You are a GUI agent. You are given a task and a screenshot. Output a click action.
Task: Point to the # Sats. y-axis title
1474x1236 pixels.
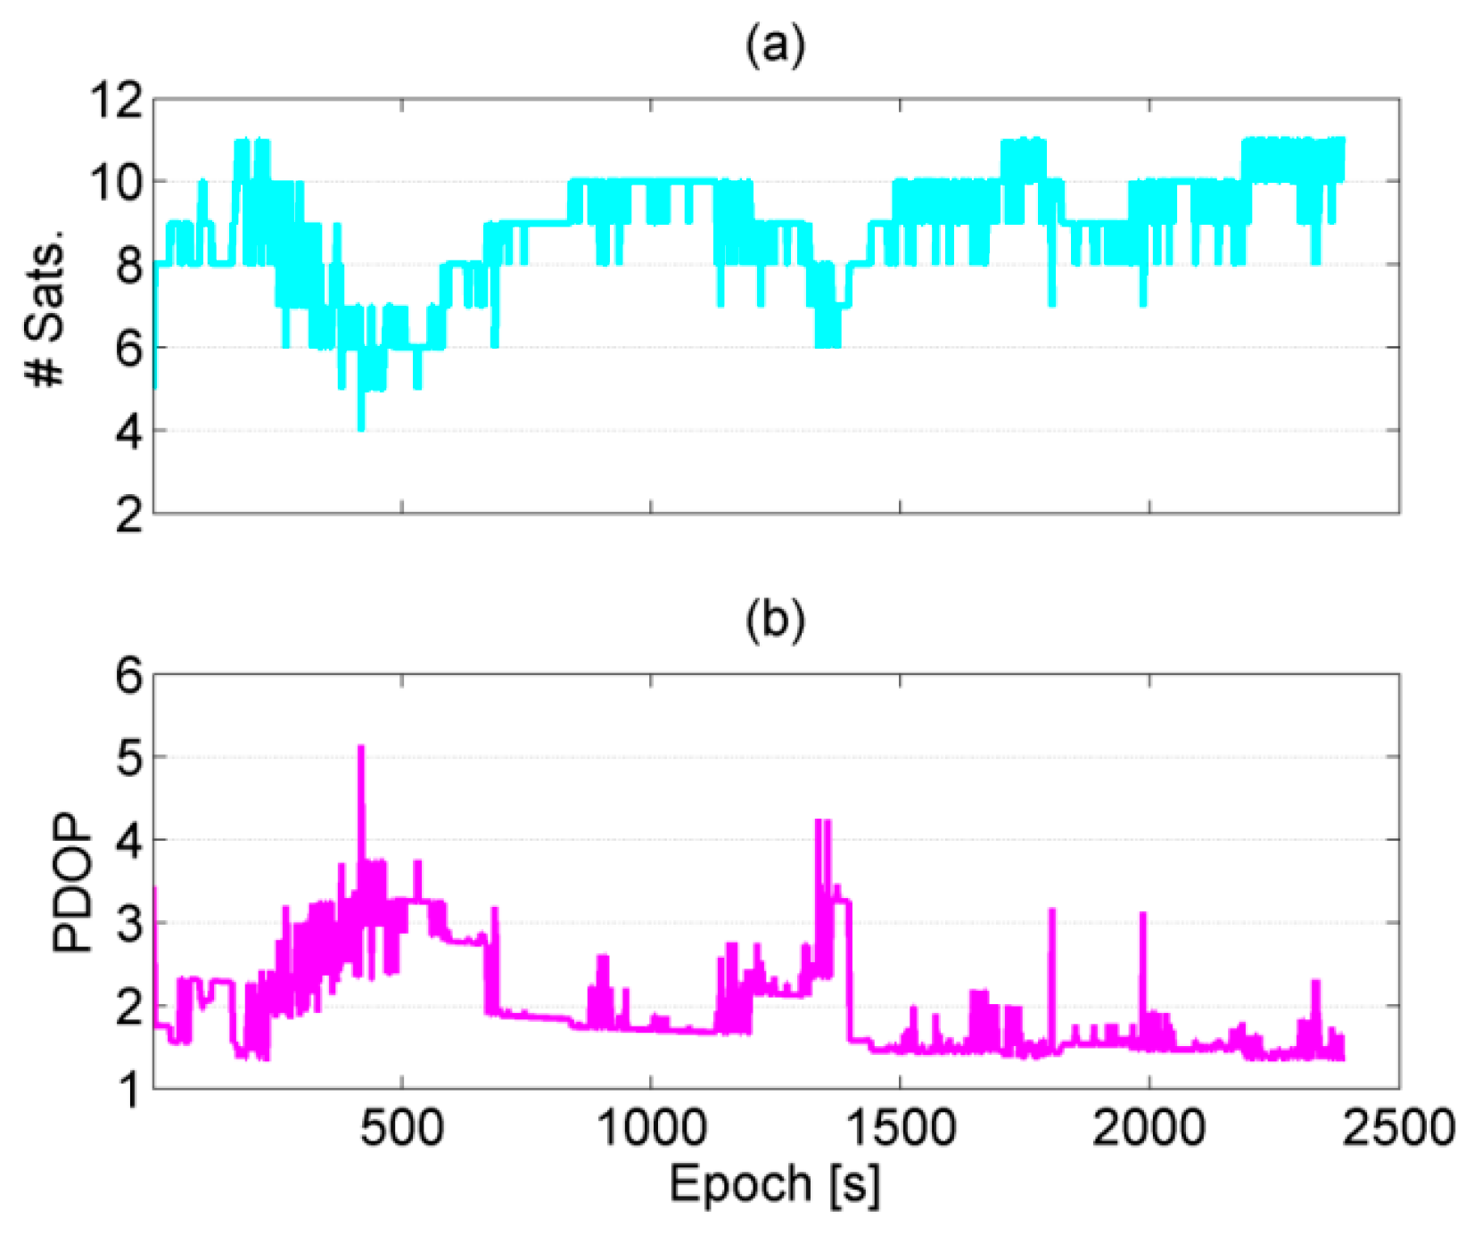coord(46,308)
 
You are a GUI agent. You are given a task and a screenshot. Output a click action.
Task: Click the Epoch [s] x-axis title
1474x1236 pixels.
coord(774,1185)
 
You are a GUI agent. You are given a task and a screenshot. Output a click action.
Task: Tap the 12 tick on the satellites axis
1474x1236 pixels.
coord(116,101)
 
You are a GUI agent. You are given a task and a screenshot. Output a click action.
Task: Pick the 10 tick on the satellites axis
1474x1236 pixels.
coord(116,184)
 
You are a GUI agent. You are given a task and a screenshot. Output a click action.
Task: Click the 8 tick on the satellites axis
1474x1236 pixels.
coord(128,266)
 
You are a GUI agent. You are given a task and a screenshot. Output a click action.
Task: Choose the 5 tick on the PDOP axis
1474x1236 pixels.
coord(128,758)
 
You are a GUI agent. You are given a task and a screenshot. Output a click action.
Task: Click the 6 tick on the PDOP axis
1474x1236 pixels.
coord(128,676)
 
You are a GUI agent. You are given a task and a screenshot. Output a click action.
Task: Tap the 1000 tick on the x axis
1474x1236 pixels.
coord(651,1128)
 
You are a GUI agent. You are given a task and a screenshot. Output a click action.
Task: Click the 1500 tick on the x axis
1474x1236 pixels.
coord(900,1128)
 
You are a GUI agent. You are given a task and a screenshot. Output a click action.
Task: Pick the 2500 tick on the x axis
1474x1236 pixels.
coord(1398,1128)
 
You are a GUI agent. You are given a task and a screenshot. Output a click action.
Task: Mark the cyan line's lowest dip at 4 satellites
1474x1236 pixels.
coord(361,428)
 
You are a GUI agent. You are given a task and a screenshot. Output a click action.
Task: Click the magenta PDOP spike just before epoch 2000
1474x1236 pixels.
coord(1143,916)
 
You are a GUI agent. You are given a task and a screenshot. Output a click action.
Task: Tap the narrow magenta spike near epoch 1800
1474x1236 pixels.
coord(1052,911)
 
